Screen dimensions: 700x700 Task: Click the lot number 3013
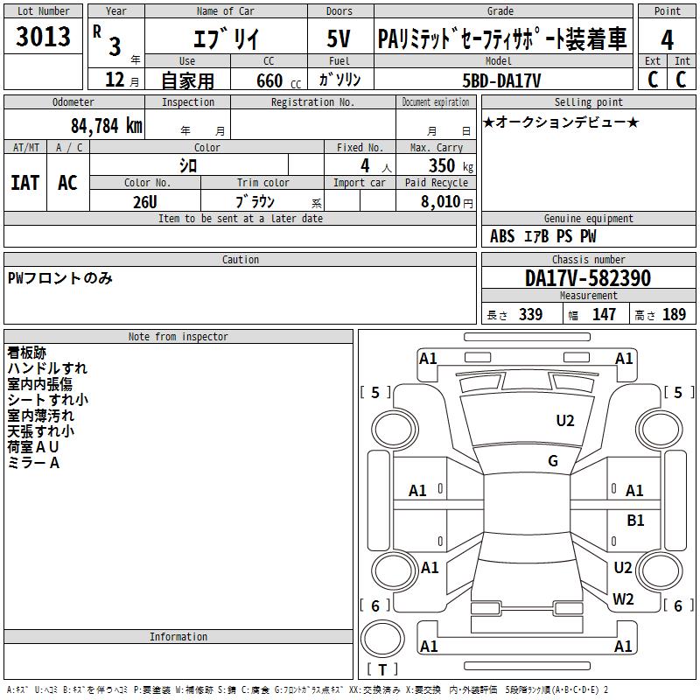click(43, 37)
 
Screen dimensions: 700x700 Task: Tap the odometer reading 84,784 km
click(106, 126)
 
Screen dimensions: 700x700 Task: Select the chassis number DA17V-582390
click(588, 278)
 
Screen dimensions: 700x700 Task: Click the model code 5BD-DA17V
click(501, 80)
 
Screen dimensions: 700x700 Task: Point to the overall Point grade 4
click(667, 39)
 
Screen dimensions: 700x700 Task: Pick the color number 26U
click(144, 202)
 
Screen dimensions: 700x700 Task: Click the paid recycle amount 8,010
click(440, 201)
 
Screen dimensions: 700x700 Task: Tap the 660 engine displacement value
click(269, 80)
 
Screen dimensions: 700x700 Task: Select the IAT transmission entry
click(25, 183)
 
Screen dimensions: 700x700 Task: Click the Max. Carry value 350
click(442, 165)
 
